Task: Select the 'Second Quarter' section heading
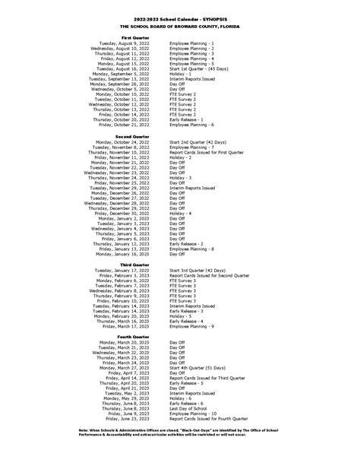click(134, 135)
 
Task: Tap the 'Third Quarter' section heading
click(136, 264)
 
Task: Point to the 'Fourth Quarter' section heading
click(135, 336)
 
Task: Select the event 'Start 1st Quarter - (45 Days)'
click(201, 68)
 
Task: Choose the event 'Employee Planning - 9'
click(192, 326)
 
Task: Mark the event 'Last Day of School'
click(190, 408)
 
